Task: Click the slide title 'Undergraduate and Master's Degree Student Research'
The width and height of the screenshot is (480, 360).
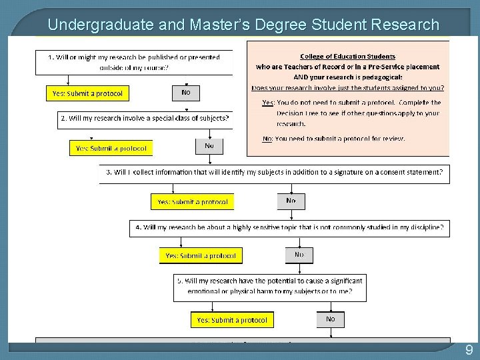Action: coord(243,25)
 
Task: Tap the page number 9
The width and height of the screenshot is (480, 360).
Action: coord(469,351)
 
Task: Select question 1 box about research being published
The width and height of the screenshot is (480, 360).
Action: coord(134,62)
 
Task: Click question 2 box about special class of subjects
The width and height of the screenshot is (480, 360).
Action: coord(145,119)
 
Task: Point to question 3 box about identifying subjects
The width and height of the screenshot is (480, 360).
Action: coord(274,173)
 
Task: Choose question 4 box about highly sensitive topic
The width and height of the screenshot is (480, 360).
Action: coord(289,227)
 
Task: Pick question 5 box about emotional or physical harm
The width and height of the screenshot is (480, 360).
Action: coord(270,286)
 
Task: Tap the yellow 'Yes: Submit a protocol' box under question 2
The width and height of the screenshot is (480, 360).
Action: coord(111,148)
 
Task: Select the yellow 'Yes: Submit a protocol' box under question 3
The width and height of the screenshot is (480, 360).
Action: coord(192,201)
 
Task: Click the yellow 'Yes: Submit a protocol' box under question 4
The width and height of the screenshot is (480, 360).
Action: coord(200,255)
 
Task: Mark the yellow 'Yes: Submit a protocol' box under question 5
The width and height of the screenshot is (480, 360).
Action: coord(231,320)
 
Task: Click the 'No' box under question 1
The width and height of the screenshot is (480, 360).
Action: coord(185,93)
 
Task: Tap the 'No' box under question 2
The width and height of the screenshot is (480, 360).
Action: coord(209,145)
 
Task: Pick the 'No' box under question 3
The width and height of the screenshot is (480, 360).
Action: coord(291,201)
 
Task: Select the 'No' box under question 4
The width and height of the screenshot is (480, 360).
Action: coord(299,255)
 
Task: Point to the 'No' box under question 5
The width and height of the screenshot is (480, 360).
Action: coord(330,319)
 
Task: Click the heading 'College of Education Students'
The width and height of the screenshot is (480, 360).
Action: coord(347,57)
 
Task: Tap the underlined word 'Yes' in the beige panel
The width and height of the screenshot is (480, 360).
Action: coord(268,103)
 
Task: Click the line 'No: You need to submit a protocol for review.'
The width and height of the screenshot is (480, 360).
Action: coord(333,139)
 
